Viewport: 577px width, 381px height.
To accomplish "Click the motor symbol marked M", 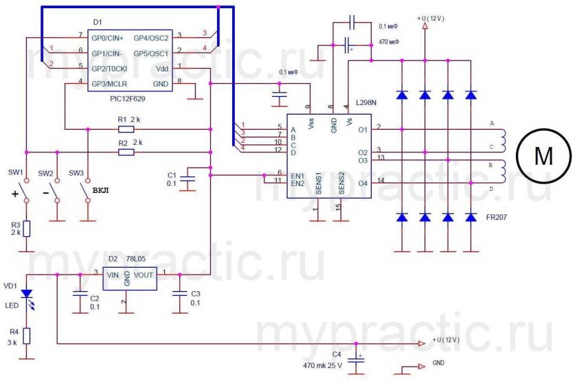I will tap(543, 156).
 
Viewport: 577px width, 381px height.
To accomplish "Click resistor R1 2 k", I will tap(126, 128).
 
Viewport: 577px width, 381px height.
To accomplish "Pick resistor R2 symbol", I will tap(126, 152).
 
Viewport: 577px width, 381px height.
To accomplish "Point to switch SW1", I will tap(26, 189).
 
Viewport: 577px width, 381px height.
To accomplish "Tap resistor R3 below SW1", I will tap(26, 229).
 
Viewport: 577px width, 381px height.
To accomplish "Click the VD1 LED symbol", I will tap(26, 294).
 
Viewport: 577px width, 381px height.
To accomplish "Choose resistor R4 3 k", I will tap(26, 335).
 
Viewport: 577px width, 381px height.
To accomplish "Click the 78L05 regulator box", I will tap(129, 279).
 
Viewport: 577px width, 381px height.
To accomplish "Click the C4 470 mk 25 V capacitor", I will tap(356, 359).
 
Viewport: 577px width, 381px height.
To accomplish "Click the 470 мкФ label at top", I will tap(389, 42).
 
